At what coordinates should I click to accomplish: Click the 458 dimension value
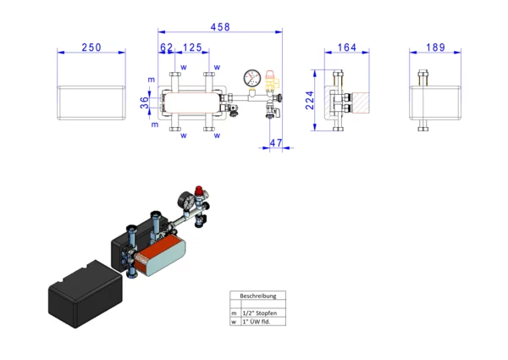[220, 27]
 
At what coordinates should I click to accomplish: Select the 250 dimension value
[91, 47]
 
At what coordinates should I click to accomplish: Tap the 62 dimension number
[167, 47]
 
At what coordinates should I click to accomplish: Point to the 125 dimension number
[192, 47]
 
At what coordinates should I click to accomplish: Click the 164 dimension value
[347, 47]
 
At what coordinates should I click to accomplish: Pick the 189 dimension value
[435, 47]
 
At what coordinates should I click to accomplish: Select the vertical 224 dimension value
[310, 100]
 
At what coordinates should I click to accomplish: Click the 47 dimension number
[276, 143]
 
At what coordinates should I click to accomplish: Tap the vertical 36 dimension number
[145, 102]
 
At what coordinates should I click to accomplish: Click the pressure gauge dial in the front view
[252, 78]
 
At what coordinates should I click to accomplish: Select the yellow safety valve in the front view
[270, 81]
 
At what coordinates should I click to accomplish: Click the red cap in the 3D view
[199, 190]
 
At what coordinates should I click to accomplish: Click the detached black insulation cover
[86, 294]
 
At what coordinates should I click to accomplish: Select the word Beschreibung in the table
[258, 296]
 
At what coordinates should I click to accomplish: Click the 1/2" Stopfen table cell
[260, 313]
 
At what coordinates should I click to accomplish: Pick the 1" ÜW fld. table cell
[257, 322]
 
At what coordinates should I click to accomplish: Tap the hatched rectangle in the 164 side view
[361, 102]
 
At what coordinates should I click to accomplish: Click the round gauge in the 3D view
[186, 201]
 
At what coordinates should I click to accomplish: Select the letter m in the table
[234, 313]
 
